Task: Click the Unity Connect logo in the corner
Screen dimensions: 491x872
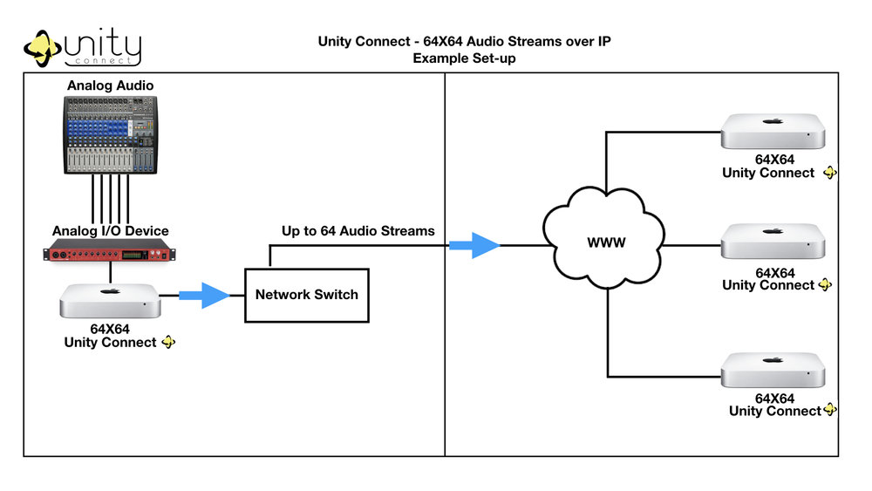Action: pyautogui.click(x=83, y=48)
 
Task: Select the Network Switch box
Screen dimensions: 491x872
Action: pyautogui.click(x=306, y=295)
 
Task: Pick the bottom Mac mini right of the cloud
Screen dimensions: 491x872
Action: pyautogui.click(x=772, y=370)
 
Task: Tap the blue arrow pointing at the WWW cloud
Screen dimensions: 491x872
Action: pyautogui.click(x=473, y=245)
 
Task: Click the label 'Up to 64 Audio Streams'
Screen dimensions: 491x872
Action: pyautogui.click(x=358, y=231)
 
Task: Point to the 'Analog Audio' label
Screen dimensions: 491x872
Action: pyautogui.click(x=110, y=86)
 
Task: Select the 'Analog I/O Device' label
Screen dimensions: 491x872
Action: pyautogui.click(x=111, y=231)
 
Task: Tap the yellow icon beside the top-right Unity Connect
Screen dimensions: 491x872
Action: pyautogui.click(x=829, y=173)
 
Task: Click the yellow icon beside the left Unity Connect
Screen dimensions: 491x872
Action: pyautogui.click(x=168, y=342)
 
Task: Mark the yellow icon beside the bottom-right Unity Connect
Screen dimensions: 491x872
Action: pyautogui.click(x=830, y=410)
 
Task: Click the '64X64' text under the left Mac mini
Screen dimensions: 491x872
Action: pyautogui.click(x=111, y=329)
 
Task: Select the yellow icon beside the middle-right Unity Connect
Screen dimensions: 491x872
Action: pyautogui.click(x=826, y=285)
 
